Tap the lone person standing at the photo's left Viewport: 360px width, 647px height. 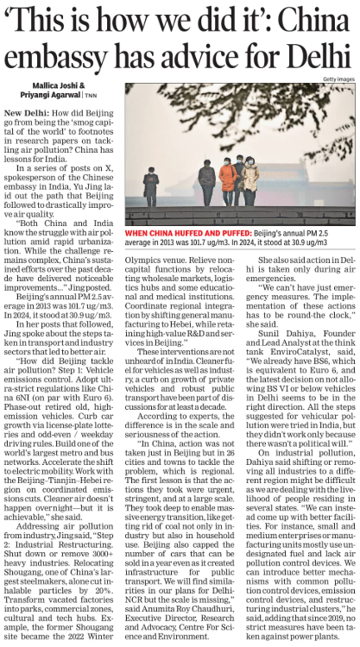coord(151,185)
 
